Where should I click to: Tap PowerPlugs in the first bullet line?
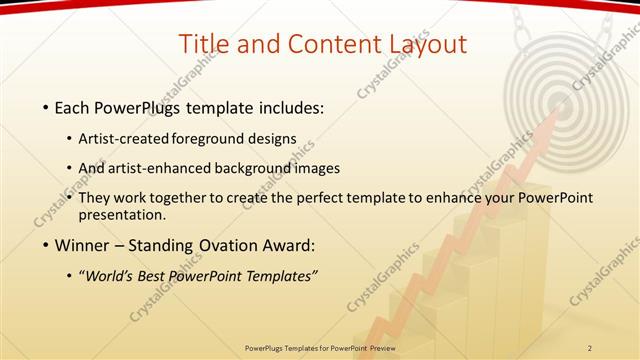click(137, 106)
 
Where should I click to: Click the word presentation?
click(123, 215)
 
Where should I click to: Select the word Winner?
click(81, 245)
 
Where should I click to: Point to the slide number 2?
click(590, 347)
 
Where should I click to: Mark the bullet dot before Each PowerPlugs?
click(45, 106)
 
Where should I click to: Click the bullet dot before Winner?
click(45, 245)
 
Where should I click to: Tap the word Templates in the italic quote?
click(279, 276)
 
